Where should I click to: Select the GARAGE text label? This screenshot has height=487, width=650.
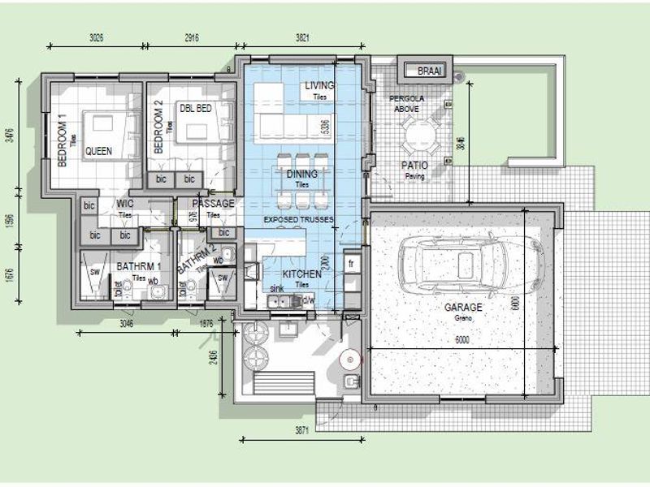pyautogui.click(x=463, y=308)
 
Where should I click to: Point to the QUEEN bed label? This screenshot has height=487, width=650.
pyautogui.click(x=98, y=151)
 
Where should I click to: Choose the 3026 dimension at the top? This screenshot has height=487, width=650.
pyautogui.click(x=97, y=37)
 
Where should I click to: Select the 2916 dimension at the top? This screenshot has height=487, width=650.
pyautogui.click(x=191, y=37)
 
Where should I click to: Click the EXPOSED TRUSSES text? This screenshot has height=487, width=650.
pyautogui.click(x=297, y=220)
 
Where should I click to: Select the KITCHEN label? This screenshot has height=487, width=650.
pyautogui.click(x=301, y=274)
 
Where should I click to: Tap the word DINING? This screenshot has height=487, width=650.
pyautogui.click(x=301, y=174)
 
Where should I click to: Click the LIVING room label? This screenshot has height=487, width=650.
pyautogui.click(x=320, y=85)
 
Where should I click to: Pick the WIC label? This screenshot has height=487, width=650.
pyautogui.click(x=125, y=204)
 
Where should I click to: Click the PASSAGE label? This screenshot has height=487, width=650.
pyautogui.click(x=213, y=204)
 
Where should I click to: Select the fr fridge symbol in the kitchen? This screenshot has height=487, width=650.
pyautogui.click(x=352, y=264)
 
